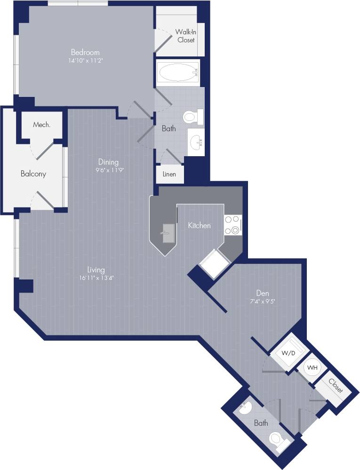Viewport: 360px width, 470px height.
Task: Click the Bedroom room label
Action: [x=85, y=52]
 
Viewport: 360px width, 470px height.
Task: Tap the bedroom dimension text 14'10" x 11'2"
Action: [x=85, y=60]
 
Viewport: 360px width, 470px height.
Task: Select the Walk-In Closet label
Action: [x=185, y=36]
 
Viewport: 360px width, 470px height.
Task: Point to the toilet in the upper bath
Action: [x=191, y=116]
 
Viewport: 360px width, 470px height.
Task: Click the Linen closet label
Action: [x=169, y=174]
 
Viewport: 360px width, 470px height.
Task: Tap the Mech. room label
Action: [x=41, y=125]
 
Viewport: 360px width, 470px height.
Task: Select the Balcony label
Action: [x=33, y=174]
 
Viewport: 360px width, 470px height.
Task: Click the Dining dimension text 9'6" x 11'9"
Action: [x=108, y=170]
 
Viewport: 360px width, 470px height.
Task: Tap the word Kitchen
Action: [x=199, y=226]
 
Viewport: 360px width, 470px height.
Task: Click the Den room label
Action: [x=263, y=293]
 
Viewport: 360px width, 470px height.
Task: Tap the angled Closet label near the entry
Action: [x=336, y=387]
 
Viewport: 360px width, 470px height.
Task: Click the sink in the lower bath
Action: [x=245, y=408]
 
